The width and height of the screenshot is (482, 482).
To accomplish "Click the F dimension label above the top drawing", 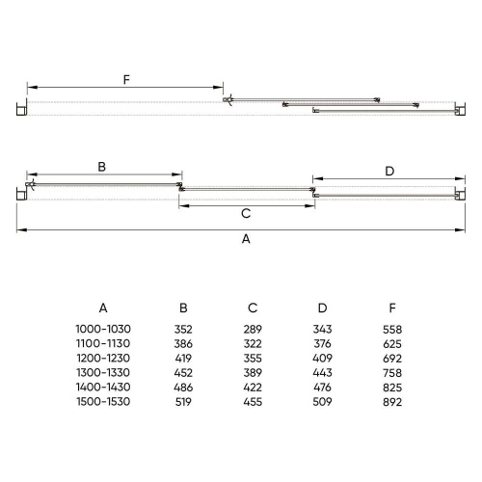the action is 126,79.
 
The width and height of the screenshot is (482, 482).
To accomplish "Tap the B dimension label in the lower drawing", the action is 101,167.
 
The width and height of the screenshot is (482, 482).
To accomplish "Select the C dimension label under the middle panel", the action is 246,213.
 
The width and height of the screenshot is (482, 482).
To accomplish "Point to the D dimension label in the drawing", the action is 389,172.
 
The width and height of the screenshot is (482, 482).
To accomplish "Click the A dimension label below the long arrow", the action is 246,239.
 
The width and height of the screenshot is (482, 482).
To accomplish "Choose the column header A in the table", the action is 103,308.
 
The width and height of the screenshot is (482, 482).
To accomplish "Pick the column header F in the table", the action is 392,308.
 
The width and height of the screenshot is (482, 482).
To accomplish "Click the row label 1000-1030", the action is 103,329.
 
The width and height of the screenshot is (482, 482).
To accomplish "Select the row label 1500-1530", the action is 103,402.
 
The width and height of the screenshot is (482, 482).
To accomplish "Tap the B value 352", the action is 183,330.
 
